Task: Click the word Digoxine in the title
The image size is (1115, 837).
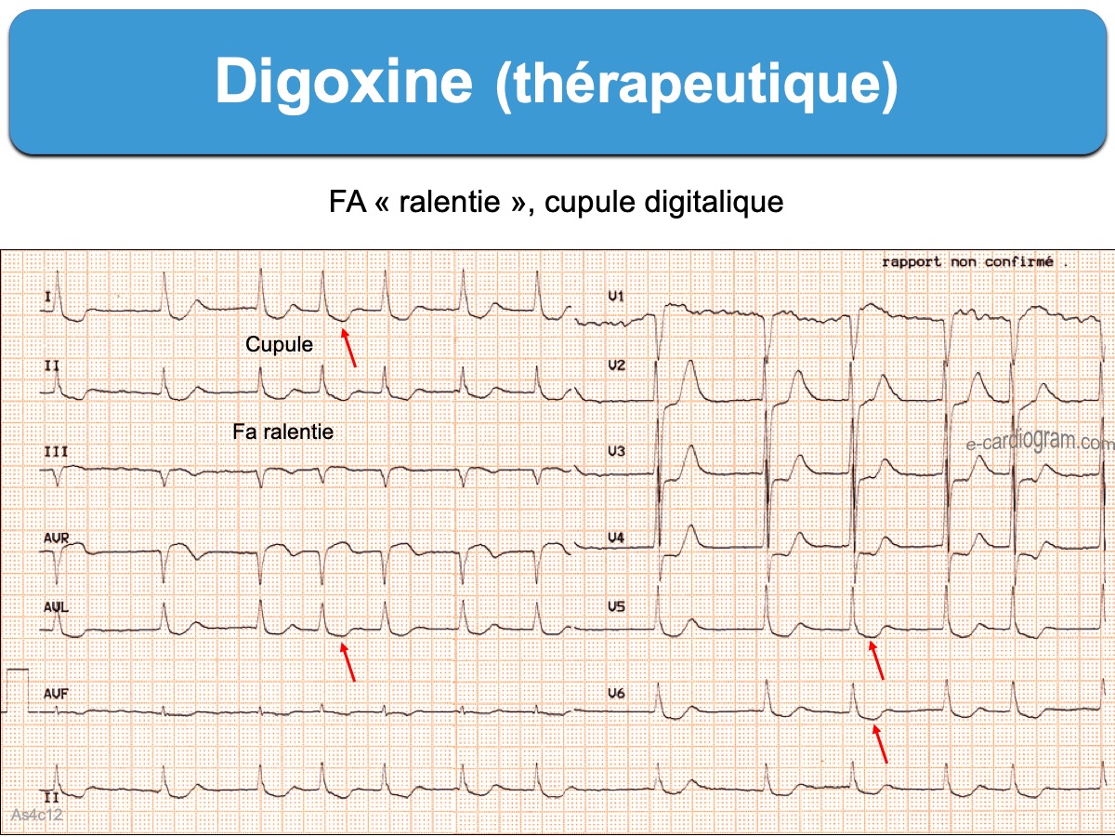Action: click(344, 82)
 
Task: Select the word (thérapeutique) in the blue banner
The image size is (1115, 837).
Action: click(697, 86)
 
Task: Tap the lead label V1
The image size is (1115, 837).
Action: click(616, 296)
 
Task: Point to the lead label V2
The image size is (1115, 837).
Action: click(616, 365)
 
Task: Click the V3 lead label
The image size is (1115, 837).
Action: click(616, 451)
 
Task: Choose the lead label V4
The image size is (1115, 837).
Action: click(616, 538)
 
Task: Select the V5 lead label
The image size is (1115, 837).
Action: click(616, 606)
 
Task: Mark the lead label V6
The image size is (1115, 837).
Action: click(616, 694)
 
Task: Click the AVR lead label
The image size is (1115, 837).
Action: click(56, 538)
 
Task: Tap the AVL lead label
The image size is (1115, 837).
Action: click(56, 606)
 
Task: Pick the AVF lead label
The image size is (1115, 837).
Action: click(56, 694)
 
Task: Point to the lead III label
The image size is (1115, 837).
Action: click(55, 451)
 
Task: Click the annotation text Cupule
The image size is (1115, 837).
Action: click(279, 345)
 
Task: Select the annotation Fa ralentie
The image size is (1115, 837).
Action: click(282, 432)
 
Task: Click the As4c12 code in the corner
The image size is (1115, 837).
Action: click(35, 815)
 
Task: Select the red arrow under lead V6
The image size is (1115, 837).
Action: click(879, 743)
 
